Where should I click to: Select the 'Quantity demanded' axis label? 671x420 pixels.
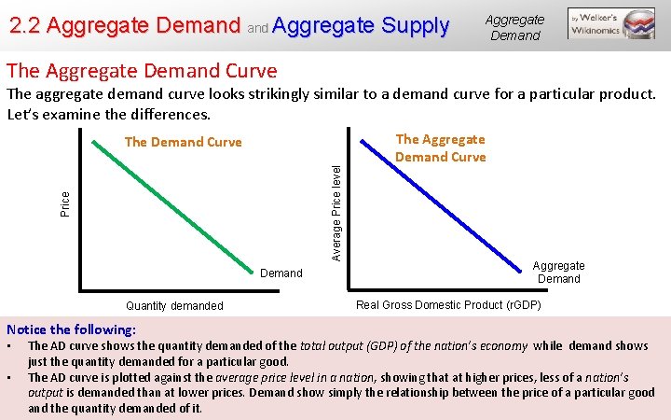[174, 306]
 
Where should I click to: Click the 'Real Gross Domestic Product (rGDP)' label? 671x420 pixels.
[448, 304]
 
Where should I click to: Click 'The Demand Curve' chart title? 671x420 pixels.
[183, 142]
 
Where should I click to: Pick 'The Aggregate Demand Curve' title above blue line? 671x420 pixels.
[440, 147]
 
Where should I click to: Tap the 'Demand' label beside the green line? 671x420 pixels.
[281, 273]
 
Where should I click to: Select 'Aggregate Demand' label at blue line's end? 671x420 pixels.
[558, 272]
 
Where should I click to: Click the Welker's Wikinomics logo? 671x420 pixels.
[611, 24]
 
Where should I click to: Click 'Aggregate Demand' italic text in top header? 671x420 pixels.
[514, 27]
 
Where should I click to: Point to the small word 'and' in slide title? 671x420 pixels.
[257, 29]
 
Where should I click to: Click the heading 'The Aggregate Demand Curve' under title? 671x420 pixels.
[142, 70]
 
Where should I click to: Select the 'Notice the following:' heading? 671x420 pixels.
[71, 329]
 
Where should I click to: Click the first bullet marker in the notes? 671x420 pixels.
[9, 346]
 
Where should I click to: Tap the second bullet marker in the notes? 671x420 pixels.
[9, 377]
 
